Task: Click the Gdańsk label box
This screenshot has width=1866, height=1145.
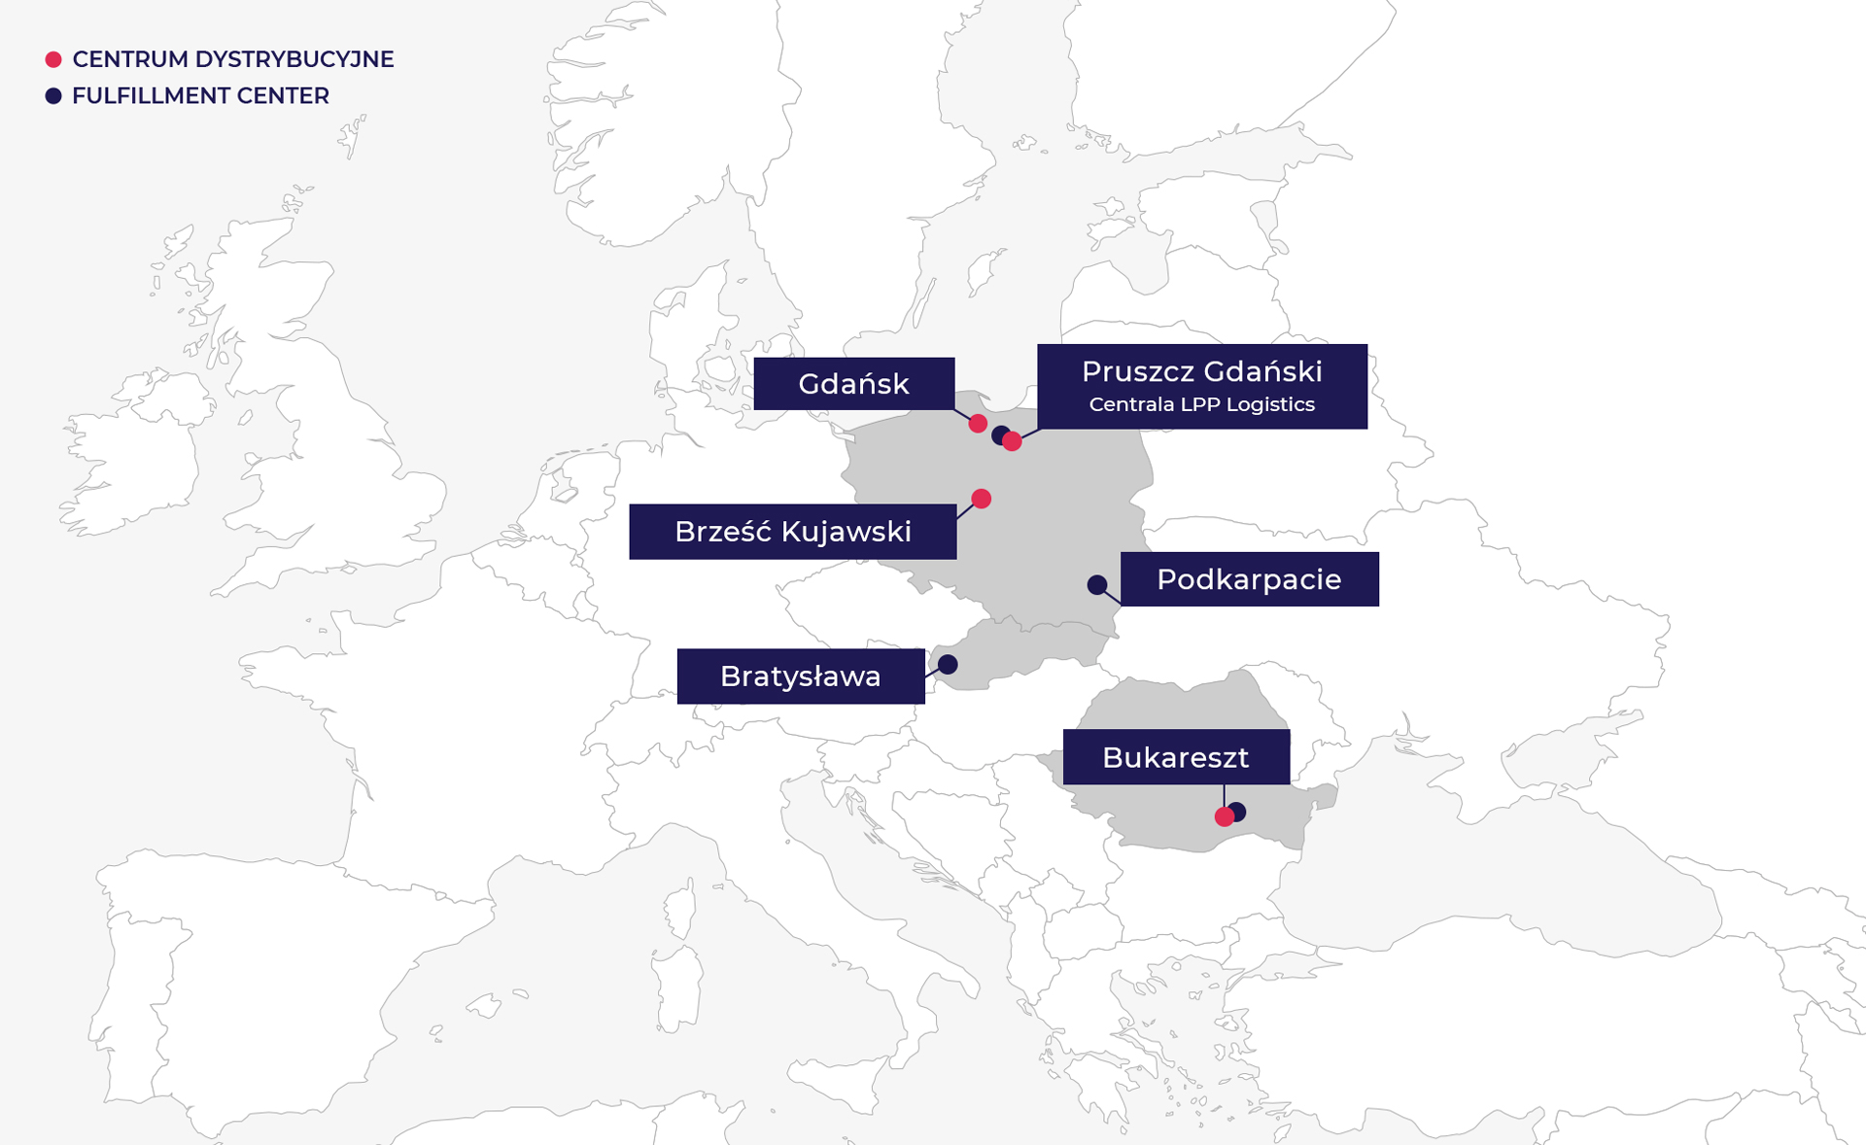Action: point(853,384)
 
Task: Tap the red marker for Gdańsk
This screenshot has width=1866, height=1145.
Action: point(978,424)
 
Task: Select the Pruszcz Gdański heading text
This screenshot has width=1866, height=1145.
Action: point(1201,371)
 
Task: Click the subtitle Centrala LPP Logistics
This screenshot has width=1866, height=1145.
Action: point(1201,404)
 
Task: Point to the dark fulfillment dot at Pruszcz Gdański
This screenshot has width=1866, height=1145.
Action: point(999,434)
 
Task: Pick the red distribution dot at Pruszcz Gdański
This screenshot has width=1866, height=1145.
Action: point(1013,442)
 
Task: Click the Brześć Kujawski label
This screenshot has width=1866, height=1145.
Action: point(792,532)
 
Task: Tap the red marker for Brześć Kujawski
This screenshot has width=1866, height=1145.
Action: point(982,499)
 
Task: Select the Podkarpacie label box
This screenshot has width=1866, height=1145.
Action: point(1249,579)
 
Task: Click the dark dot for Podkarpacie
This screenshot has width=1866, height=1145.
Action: point(1096,584)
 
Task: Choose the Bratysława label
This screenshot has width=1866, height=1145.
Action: point(800,677)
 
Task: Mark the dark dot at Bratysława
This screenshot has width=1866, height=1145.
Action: point(948,664)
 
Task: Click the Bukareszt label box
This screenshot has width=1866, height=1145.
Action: point(1176,757)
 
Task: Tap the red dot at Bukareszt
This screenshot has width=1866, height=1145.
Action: point(1224,817)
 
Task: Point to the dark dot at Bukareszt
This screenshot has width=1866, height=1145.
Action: point(1238,811)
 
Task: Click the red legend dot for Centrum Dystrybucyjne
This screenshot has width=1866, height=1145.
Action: point(53,60)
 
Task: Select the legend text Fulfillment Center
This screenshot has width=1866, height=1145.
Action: point(200,96)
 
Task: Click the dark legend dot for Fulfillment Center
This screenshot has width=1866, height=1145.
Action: point(53,96)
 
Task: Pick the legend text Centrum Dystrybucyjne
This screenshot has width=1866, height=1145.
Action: point(232,59)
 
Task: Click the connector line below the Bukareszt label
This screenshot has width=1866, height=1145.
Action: point(1224,795)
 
